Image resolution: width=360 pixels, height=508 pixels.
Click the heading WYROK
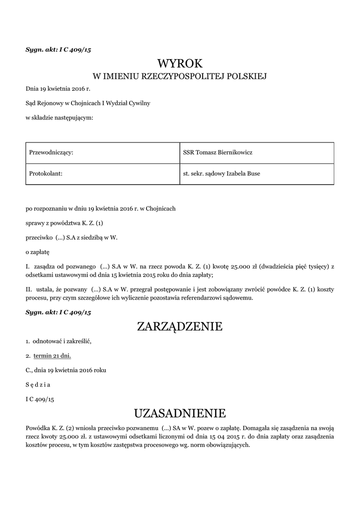click(x=180, y=63)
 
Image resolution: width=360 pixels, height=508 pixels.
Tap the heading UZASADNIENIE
click(x=180, y=413)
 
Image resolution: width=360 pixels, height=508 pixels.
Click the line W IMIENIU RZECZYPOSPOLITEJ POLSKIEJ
click(x=180, y=76)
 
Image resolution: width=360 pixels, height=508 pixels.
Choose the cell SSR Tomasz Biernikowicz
click(x=217, y=152)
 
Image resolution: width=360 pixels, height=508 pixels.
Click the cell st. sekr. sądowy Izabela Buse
click(x=221, y=174)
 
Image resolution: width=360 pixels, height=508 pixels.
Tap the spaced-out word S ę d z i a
click(x=38, y=384)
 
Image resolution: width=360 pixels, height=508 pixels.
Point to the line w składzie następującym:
click(x=59, y=118)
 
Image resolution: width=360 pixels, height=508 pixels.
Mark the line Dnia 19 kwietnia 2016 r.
click(x=58, y=89)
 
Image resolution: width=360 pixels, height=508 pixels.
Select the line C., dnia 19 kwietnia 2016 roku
click(x=66, y=370)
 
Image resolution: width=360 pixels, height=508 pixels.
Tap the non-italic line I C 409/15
click(x=40, y=399)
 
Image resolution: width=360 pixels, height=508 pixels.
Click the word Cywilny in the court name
click(x=141, y=103)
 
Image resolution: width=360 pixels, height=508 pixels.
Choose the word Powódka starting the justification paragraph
click(x=38, y=427)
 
